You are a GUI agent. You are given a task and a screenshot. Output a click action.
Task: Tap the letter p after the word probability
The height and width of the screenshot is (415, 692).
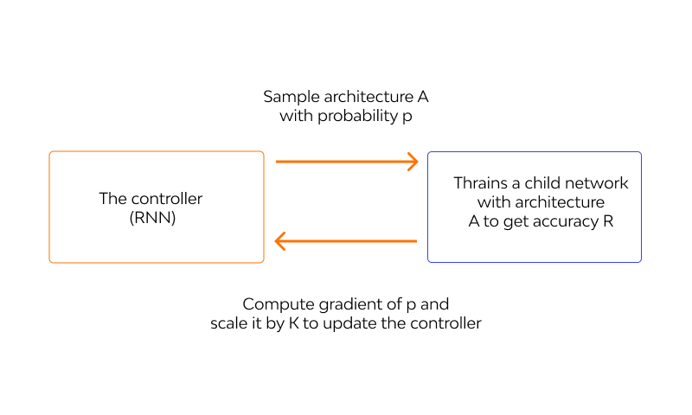(407, 117)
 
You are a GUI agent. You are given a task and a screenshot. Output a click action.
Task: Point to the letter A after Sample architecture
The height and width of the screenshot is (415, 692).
(422, 97)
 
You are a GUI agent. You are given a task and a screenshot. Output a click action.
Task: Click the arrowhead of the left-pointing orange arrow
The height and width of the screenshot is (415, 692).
(282, 242)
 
